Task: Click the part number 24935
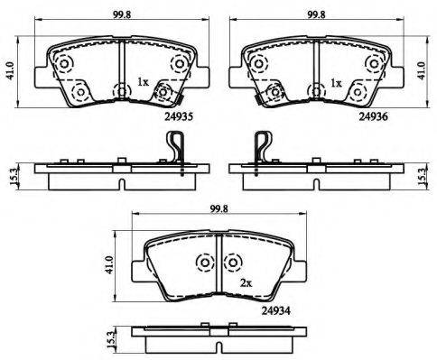[x=179, y=116]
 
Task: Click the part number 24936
[x=373, y=116]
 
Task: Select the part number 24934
[x=275, y=310]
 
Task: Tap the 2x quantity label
[x=246, y=282]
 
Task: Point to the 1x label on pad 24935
[x=143, y=82]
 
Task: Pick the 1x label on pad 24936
[x=336, y=83]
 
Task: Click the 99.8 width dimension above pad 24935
[x=122, y=14]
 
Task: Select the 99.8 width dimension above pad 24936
[x=316, y=14]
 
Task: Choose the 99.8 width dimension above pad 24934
[x=218, y=208]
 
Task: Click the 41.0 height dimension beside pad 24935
[x=11, y=71]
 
